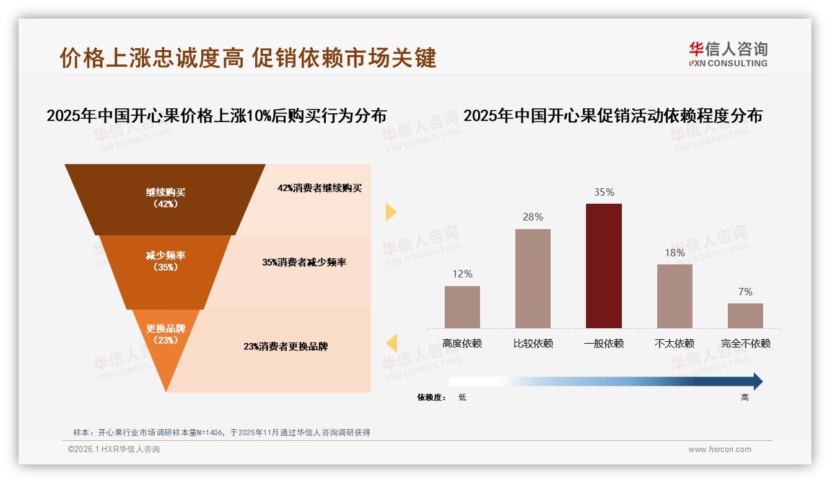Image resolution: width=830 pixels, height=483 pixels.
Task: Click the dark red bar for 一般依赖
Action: click(603, 266)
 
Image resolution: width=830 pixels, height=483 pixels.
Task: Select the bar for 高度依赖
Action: click(462, 307)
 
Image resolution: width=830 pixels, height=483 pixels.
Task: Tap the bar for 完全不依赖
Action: click(745, 315)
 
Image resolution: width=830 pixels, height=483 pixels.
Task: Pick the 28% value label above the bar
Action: click(533, 217)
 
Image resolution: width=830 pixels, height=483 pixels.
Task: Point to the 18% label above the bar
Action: click(675, 253)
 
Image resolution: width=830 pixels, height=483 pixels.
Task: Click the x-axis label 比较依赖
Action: click(533, 344)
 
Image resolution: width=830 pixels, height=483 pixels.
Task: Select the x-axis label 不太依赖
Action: click(675, 344)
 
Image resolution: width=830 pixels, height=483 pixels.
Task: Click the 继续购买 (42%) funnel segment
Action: click(165, 198)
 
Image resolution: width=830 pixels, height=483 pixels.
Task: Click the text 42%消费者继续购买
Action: click(320, 188)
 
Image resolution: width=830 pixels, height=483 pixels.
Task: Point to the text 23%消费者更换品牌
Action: click(286, 347)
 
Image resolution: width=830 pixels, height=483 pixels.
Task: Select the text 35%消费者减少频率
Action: click(304, 263)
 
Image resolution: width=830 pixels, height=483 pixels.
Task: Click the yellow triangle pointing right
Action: click(390, 212)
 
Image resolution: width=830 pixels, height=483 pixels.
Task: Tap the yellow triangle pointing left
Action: click(391, 342)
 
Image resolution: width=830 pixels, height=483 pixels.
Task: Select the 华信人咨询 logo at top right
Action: click(728, 54)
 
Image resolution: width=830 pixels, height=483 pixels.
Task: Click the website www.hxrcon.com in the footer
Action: click(720, 450)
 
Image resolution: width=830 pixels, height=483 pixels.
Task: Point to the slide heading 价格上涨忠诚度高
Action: click(152, 58)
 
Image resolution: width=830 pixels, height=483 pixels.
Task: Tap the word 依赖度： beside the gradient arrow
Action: click(432, 398)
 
